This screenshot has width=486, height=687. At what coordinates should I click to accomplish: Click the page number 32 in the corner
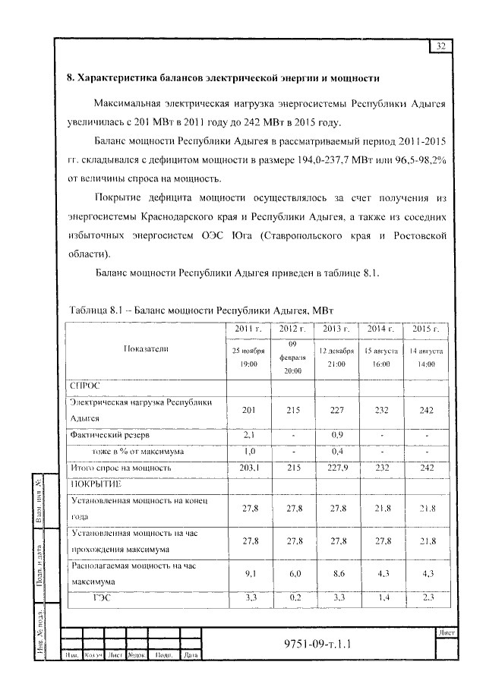(x=441, y=46)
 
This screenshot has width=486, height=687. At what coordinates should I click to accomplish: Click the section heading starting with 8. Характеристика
(x=223, y=78)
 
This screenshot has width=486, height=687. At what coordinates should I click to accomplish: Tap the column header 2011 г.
(x=248, y=328)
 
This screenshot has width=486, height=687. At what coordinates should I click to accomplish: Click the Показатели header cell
(x=146, y=348)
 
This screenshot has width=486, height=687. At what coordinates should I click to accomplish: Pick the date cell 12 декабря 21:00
(x=336, y=358)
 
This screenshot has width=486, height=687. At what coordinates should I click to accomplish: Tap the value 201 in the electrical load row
(x=248, y=410)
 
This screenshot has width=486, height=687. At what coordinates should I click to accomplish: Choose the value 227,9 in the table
(x=336, y=468)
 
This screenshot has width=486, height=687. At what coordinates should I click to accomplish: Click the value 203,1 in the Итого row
(x=248, y=468)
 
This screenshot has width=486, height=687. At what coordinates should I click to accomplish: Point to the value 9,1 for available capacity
(x=248, y=574)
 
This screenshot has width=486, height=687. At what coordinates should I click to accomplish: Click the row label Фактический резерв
(x=109, y=436)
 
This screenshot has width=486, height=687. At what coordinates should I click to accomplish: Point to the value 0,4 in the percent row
(x=336, y=452)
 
